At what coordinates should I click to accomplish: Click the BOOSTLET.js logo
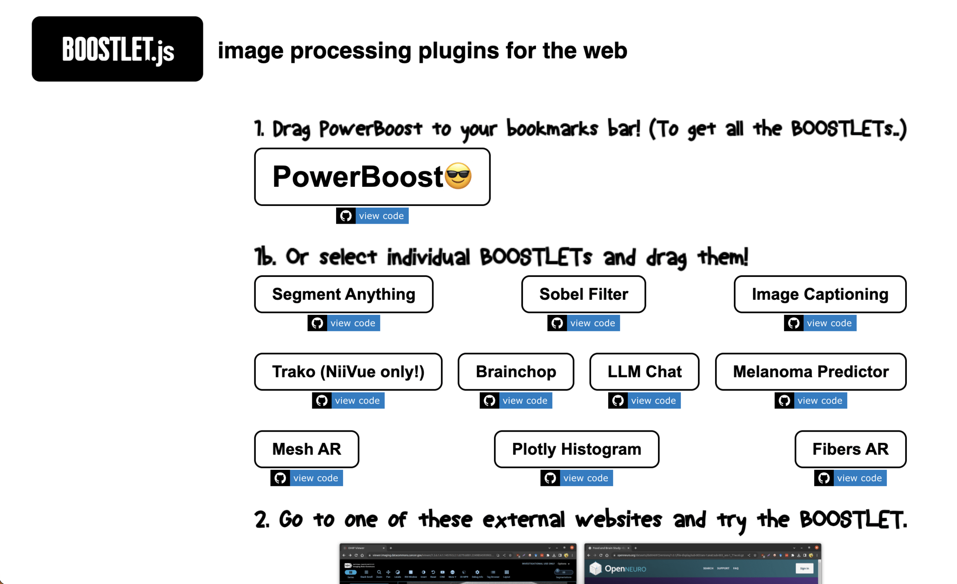(117, 49)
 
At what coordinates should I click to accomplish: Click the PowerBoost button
(357, 176)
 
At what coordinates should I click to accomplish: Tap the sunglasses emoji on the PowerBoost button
(458, 176)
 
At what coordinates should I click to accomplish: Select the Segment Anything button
(344, 294)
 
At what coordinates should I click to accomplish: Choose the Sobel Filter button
(583, 294)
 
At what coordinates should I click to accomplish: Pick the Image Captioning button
(820, 294)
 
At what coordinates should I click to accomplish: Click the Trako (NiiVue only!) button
(348, 372)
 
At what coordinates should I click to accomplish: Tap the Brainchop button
(516, 372)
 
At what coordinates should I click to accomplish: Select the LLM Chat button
(644, 372)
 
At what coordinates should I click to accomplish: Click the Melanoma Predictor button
(810, 372)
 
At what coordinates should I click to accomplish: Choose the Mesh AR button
(306, 449)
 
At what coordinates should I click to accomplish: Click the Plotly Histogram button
(576, 449)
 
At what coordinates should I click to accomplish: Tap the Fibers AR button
(850, 449)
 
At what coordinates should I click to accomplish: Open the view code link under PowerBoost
(381, 216)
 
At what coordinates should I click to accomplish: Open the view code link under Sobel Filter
(592, 323)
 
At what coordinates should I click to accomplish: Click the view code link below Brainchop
(525, 401)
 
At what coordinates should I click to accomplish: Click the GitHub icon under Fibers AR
(824, 478)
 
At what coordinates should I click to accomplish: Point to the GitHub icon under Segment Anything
(317, 323)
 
